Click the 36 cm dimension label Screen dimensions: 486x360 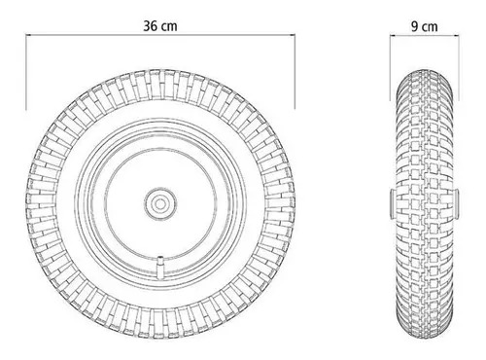pos(160,26)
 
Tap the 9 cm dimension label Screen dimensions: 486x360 pos(425,26)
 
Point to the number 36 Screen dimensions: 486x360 pos(151,26)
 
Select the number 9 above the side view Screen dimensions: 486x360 pos(415,26)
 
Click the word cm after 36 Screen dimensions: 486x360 pos(170,27)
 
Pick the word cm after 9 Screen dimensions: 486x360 pos(430,27)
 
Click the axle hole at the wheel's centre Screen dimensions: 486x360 pos(160,203)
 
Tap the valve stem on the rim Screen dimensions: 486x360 pos(160,267)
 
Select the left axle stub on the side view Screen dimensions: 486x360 pos(393,203)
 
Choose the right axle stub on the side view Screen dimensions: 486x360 pos(456,203)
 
